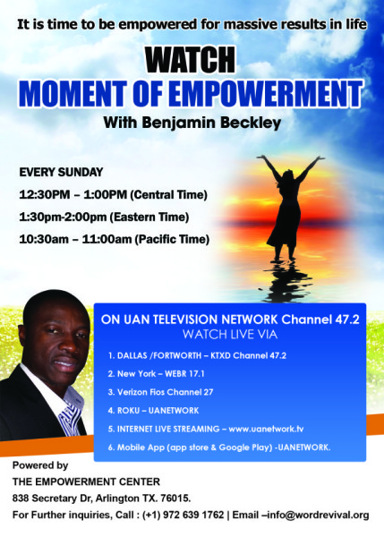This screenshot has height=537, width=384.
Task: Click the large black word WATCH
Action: (x=190, y=60)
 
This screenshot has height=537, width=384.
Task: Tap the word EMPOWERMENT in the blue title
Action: (x=265, y=93)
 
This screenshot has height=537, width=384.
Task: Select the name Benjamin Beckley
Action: (x=211, y=123)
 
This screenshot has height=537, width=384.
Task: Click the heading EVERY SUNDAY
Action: (x=61, y=172)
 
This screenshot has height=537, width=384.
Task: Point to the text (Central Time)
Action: (x=169, y=194)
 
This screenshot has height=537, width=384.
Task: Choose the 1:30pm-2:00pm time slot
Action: (x=63, y=217)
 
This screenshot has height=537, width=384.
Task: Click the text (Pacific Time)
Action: (x=172, y=239)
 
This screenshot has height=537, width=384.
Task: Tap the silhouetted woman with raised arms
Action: (x=289, y=207)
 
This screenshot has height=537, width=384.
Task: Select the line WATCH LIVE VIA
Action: (x=230, y=334)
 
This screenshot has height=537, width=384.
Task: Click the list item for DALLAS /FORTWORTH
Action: (x=197, y=355)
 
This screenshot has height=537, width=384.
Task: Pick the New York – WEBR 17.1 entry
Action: (x=156, y=373)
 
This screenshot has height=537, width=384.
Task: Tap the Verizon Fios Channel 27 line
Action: (x=160, y=392)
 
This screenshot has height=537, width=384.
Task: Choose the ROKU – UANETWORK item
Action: (x=153, y=410)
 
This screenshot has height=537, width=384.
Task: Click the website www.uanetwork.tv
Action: (x=266, y=429)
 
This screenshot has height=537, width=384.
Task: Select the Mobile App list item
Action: (x=219, y=447)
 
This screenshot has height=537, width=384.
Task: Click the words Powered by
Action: (x=40, y=465)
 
